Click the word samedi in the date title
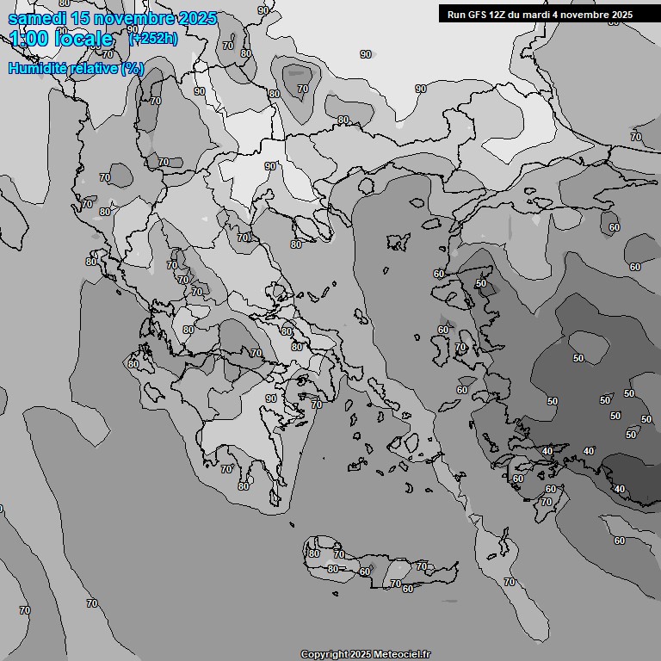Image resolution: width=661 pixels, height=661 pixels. [34, 18]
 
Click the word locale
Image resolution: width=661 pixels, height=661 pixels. [84, 39]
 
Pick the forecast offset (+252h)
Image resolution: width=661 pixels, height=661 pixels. [153, 38]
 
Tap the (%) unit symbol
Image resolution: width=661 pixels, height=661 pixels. [133, 68]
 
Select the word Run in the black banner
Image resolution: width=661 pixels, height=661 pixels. [457, 14]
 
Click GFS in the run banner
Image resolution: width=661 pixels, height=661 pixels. [479, 14]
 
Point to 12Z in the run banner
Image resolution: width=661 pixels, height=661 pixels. [503, 14]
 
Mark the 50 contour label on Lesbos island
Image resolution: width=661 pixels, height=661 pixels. [481, 283]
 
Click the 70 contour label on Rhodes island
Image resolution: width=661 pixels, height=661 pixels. [547, 501]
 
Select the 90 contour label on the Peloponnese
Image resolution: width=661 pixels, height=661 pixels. [271, 398]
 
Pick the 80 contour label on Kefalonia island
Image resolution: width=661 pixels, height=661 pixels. [133, 364]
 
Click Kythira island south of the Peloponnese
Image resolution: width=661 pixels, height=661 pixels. [292, 524]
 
